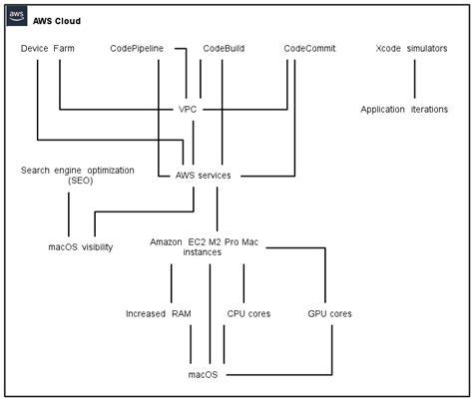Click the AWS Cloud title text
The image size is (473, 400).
click(57, 20)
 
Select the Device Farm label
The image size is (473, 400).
click(47, 48)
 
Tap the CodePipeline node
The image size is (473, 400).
click(143, 48)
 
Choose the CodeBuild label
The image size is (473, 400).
click(226, 48)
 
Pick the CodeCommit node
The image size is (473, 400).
click(309, 48)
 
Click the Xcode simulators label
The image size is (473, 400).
click(411, 48)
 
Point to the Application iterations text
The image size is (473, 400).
click(404, 109)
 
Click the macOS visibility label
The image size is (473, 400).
click(80, 246)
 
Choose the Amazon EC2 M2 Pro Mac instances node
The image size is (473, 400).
click(210, 247)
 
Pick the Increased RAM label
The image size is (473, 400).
click(158, 313)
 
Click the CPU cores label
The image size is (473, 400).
click(248, 313)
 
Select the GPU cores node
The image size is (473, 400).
click(329, 313)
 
